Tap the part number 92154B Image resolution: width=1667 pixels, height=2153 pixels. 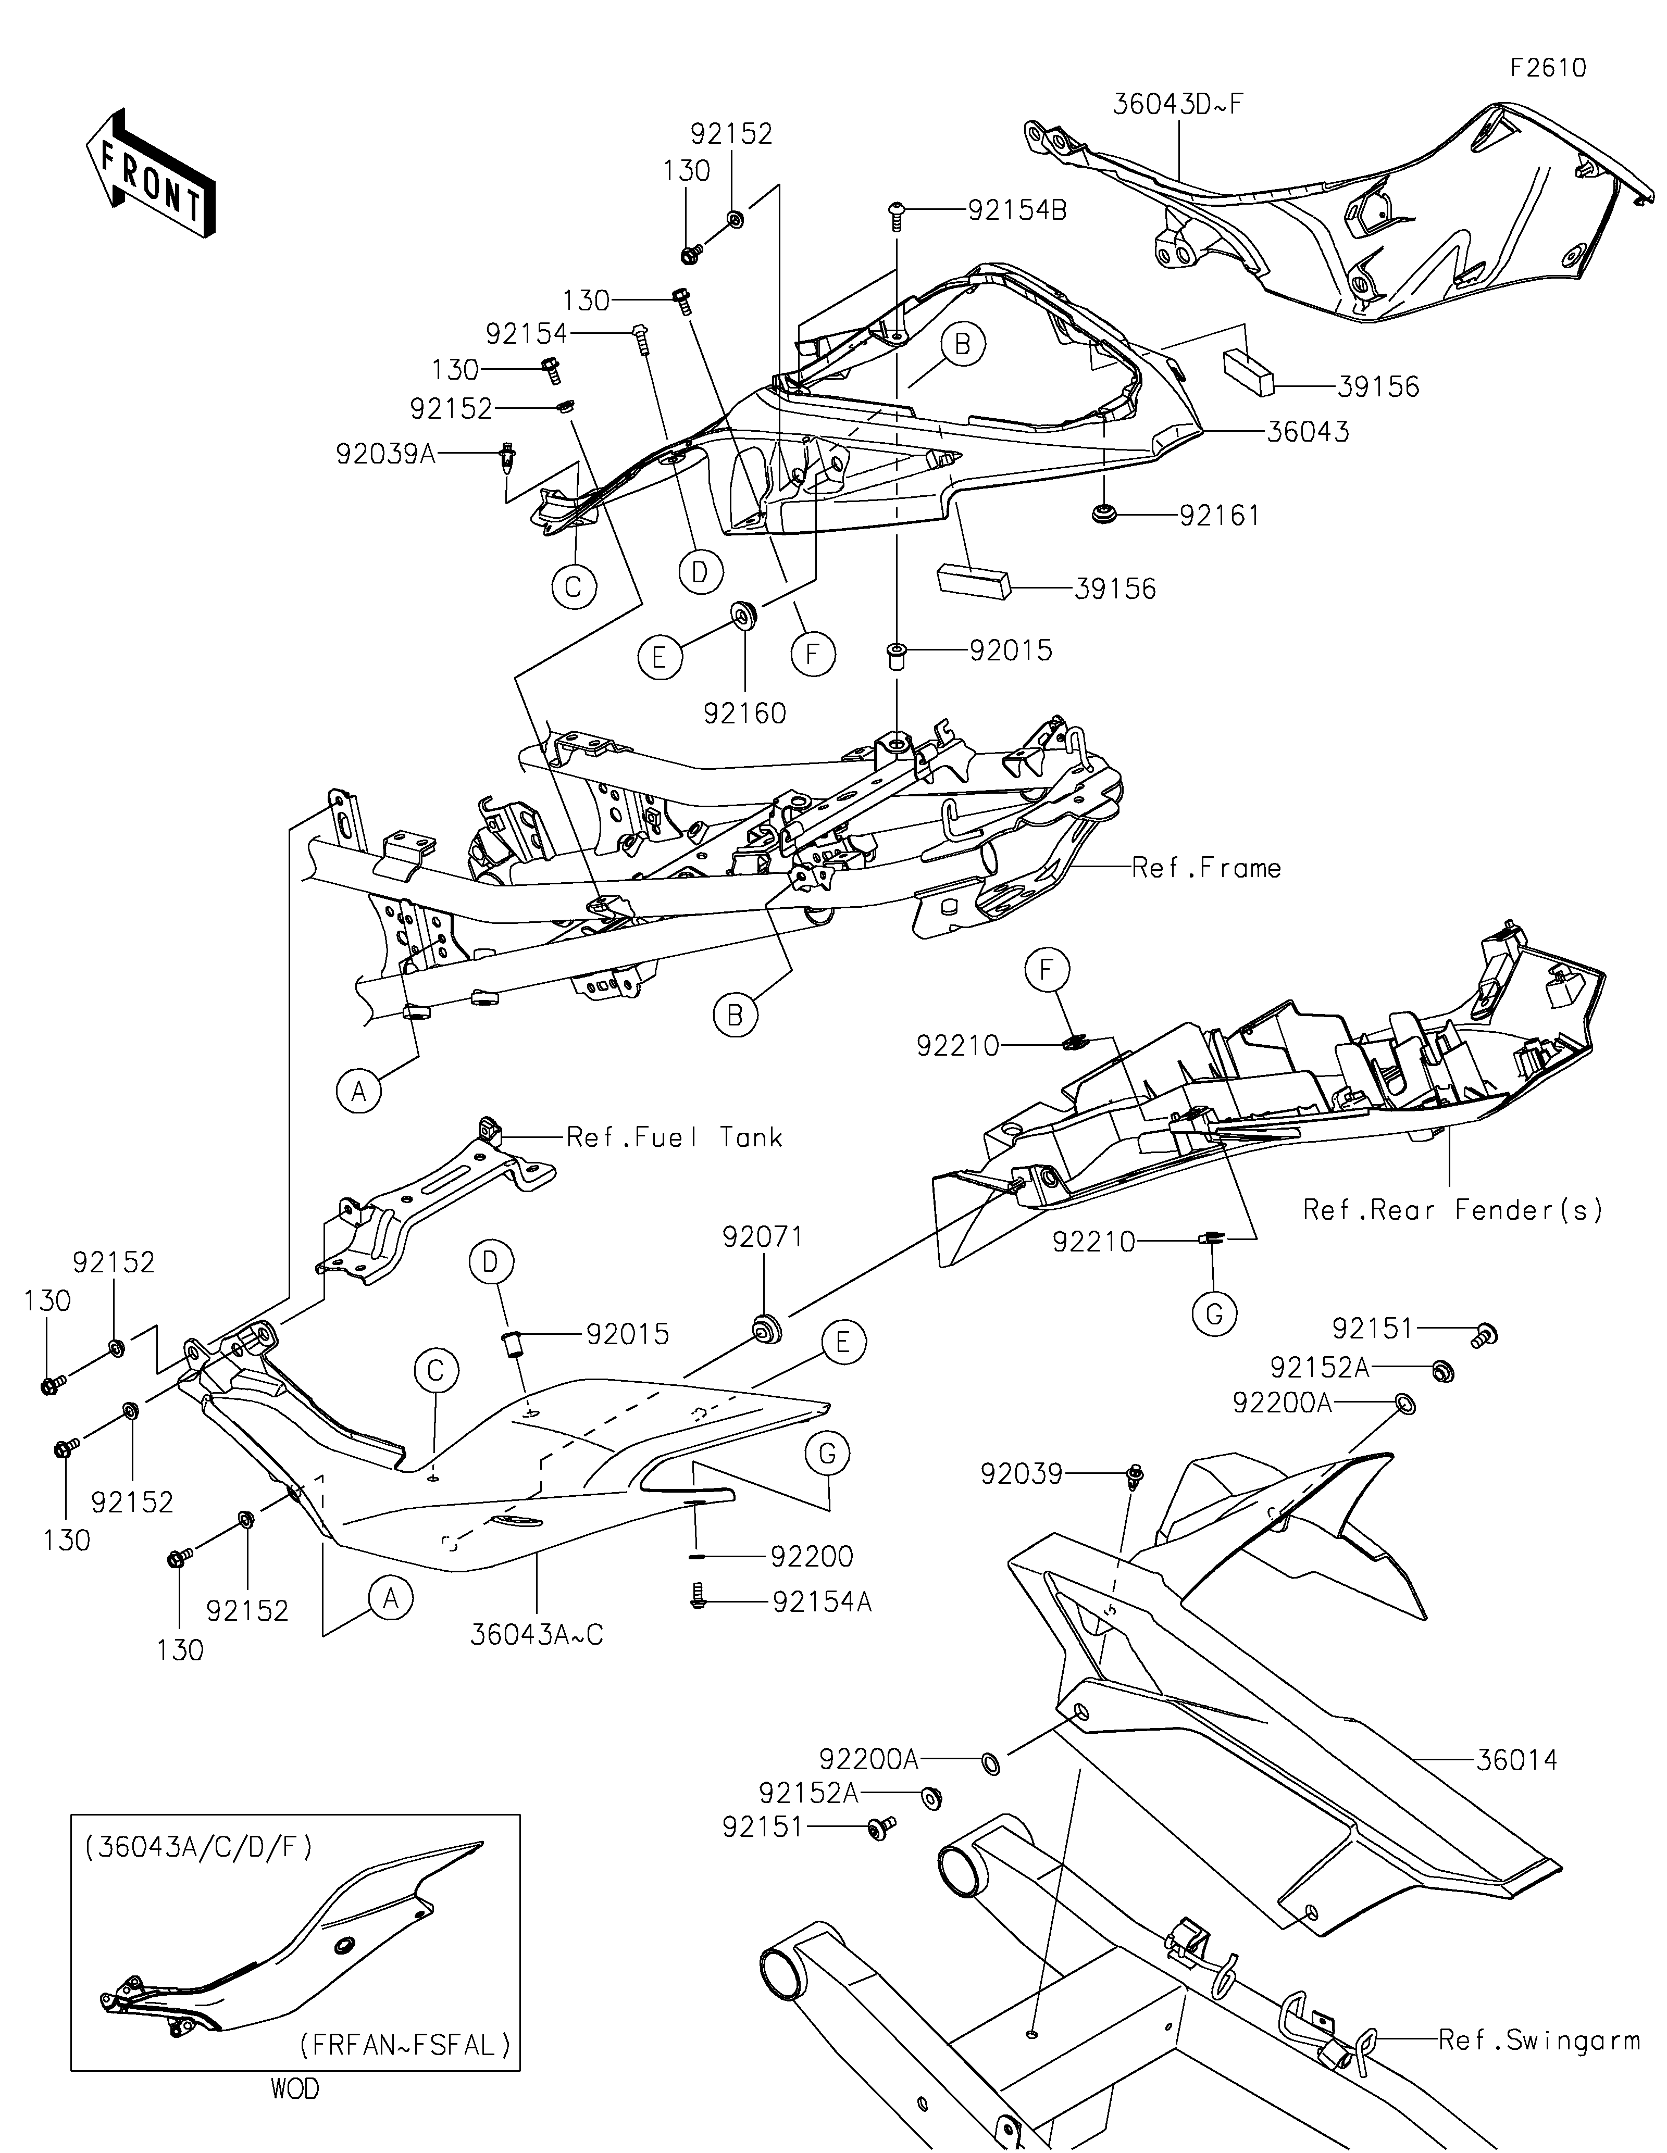[x=1017, y=210]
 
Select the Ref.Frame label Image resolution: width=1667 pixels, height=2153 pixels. [x=1206, y=868]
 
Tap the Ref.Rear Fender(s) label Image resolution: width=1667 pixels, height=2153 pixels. [x=1453, y=1210]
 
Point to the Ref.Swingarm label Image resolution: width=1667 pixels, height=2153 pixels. [x=1539, y=2039]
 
